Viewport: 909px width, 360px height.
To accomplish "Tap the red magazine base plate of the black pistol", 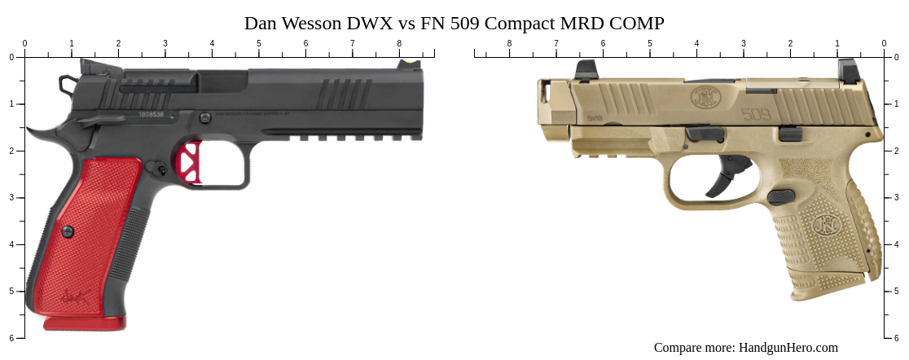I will [x=85, y=323].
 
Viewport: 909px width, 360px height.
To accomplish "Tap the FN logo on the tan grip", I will [x=828, y=222].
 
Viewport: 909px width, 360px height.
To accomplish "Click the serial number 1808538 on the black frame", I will [x=151, y=115].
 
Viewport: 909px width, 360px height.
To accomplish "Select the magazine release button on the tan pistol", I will [x=780, y=196].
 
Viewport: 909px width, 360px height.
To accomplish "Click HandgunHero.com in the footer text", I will [x=788, y=348].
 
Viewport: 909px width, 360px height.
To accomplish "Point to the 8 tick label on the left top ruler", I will [x=399, y=43].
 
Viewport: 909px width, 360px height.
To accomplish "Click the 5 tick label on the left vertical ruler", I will [x=11, y=291].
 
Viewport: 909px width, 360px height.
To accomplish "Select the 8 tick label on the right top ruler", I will [x=510, y=43].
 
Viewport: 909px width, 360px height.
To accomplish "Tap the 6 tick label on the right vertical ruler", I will [x=898, y=338].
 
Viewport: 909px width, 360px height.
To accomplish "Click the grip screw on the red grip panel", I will [x=68, y=232].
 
